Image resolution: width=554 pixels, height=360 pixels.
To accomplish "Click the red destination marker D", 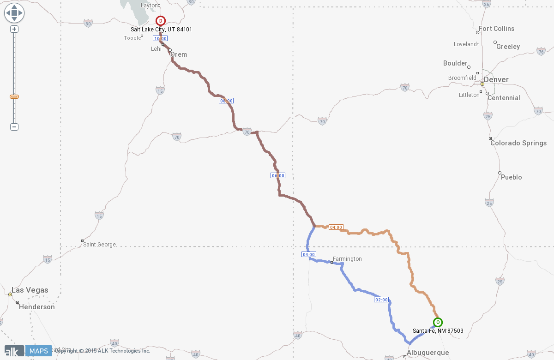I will [160, 21].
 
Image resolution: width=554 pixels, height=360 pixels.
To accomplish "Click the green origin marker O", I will [438, 322].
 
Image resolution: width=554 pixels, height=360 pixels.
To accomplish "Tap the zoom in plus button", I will [14, 29].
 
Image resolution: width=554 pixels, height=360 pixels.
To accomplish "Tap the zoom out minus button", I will [14, 127].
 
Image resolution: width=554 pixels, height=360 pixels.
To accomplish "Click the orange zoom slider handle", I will [14, 96].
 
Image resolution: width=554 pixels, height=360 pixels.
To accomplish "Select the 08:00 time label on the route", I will [226, 101].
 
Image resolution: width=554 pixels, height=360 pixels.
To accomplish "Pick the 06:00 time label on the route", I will [278, 175].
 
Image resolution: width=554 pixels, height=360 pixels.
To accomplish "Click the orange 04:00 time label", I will [336, 227].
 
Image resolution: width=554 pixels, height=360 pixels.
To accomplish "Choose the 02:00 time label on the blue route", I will [381, 300].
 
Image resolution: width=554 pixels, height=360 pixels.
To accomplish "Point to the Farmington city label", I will [347, 259].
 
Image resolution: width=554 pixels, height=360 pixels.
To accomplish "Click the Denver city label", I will [496, 80].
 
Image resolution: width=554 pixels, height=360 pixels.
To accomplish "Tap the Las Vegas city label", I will [30, 290].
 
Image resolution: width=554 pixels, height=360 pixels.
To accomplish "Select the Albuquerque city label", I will [428, 353].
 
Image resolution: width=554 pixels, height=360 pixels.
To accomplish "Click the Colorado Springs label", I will [518, 143].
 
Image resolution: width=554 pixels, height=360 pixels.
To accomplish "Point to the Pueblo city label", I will [511, 177].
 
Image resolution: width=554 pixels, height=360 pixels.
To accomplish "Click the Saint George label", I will [100, 245].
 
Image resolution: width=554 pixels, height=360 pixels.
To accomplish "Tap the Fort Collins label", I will [496, 29].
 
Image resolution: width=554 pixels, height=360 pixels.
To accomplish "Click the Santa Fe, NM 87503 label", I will [438, 331].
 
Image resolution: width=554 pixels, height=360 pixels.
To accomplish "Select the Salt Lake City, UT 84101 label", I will [161, 30].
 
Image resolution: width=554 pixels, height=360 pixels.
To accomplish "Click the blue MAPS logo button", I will [38, 351].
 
